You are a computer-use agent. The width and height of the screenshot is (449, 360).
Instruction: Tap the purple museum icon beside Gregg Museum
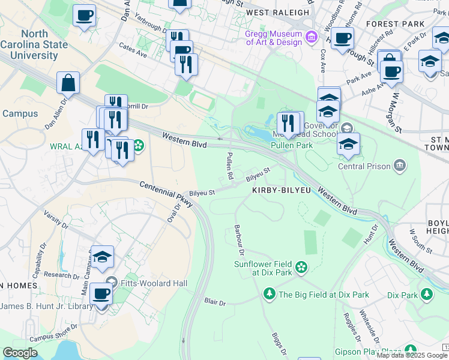click(311, 38)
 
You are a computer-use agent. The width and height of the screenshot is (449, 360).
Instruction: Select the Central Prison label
click(364, 166)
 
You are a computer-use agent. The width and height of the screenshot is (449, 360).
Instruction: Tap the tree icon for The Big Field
click(270, 294)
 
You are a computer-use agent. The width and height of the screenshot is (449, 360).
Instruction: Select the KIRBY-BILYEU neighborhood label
click(280, 189)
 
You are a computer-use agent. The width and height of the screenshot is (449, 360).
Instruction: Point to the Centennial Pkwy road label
click(166, 194)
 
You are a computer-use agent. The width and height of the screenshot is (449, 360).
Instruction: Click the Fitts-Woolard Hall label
click(155, 283)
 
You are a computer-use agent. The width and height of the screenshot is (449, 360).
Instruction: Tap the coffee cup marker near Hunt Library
click(101, 294)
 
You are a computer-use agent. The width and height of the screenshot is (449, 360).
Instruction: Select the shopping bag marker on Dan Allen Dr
click(68, 83)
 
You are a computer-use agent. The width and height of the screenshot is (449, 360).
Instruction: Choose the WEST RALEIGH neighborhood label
click(277, 12)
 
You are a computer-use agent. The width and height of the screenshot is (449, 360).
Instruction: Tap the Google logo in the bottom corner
click(20, 353)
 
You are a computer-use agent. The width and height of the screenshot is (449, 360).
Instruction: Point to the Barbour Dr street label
click(240, 242)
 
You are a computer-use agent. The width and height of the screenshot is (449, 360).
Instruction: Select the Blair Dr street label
click(214, 302)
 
